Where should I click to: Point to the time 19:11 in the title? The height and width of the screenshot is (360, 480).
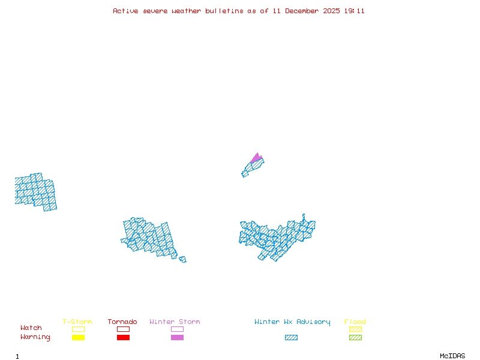click(x=354, y=11)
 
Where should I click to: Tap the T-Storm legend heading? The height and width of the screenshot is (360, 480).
click(x=77, y=322)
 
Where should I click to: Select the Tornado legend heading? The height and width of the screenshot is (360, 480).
click(x=122, y=322)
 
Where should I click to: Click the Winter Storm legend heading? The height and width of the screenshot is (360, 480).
click(x=175, y=322)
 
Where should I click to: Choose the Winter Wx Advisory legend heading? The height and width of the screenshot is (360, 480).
click(x=292, y=322)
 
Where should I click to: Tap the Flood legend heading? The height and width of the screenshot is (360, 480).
click(x=355, y=322)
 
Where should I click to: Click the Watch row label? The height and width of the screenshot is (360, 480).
click(x=31, y=328)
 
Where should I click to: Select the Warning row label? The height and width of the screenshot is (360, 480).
click(x=35, y=337)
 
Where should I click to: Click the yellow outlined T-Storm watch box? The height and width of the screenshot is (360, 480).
click(x=78, y=329)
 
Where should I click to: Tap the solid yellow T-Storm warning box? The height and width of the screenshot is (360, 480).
click(x=78, y=337)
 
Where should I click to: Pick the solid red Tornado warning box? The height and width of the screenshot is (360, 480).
click(x=123, y=337)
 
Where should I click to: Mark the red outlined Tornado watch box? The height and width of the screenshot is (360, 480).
click(x=123, y=329)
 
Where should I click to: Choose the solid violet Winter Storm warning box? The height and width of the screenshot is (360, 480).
click(x=177, y=337)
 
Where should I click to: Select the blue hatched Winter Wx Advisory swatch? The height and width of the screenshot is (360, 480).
click(x=291, y=337)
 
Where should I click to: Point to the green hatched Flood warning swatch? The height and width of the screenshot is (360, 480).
click(x=355, y=337)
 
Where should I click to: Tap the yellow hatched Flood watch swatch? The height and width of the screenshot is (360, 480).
click(x=355, y=329)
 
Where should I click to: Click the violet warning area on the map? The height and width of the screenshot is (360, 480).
click(x=257, y=158)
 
